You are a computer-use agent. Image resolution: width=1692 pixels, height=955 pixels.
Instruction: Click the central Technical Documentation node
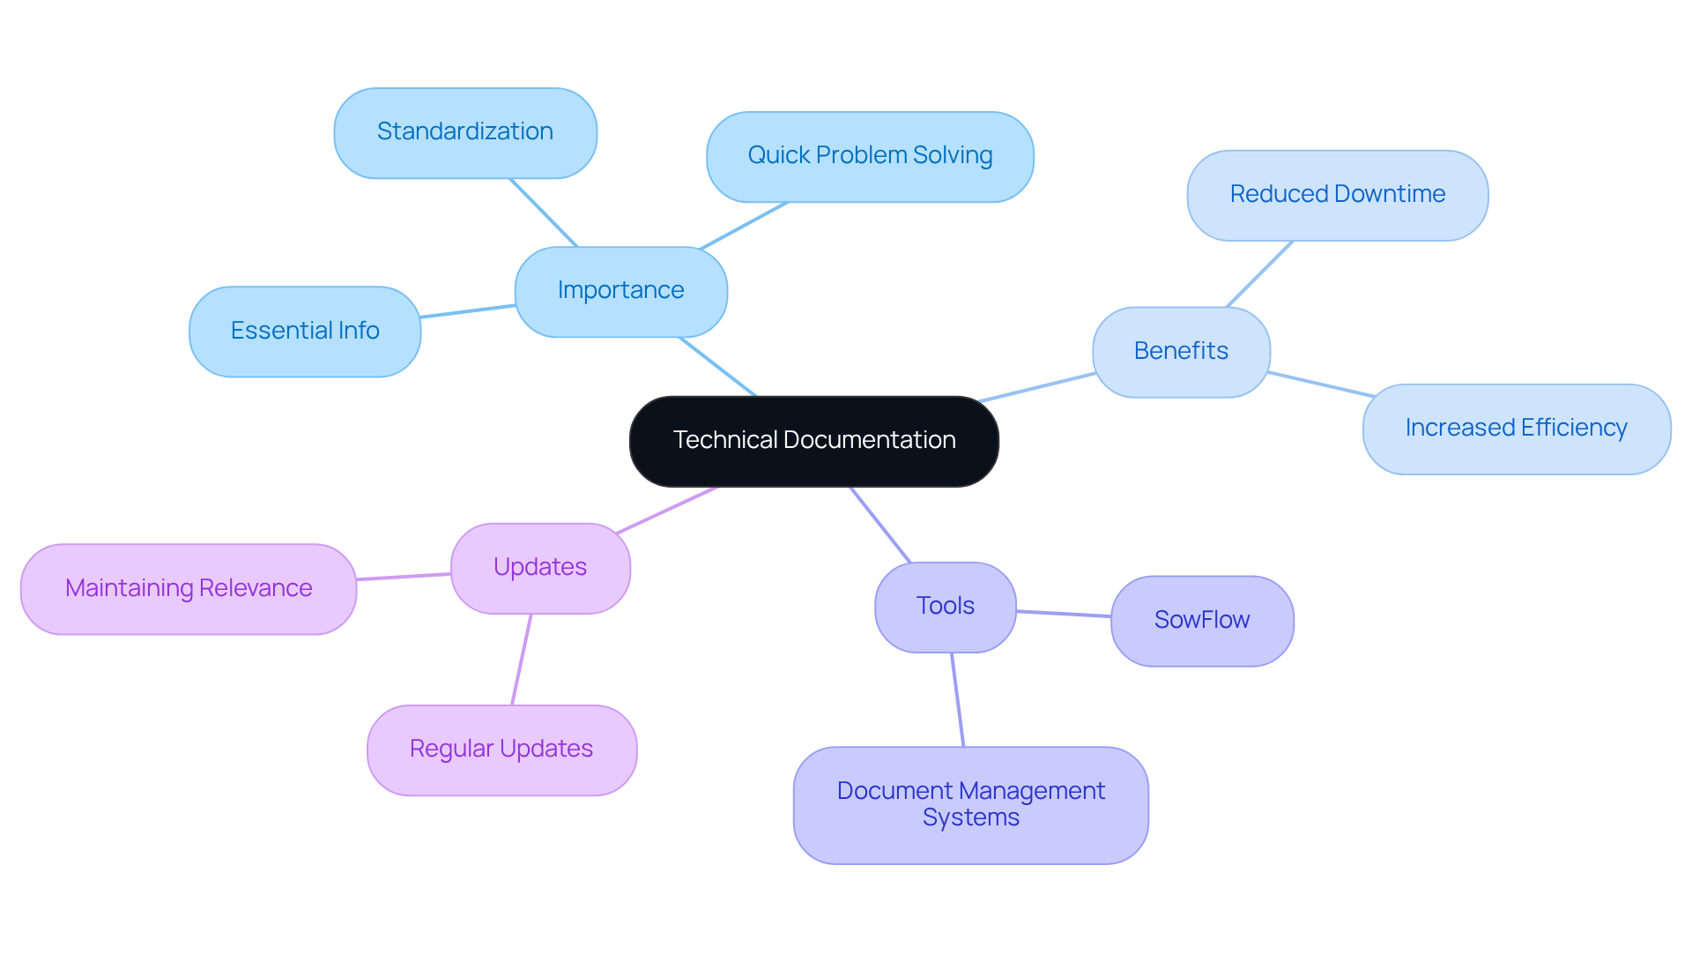tap(813, 441)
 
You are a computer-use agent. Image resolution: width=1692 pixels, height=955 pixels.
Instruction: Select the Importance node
tap(620, 291)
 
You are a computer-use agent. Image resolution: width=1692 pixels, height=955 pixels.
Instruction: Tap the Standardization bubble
tap(465, 132)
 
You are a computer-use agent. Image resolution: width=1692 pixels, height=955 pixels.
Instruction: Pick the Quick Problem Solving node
tap(870, 156)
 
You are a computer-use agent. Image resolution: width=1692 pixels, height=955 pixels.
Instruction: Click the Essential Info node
tap(305, 331)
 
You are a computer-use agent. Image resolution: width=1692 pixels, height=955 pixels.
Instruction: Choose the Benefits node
tap(1181, 351)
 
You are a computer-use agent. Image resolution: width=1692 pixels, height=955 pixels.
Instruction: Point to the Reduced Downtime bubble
tap(1337, 195)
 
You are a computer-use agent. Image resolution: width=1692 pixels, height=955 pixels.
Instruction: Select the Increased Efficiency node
tap(1516, 429)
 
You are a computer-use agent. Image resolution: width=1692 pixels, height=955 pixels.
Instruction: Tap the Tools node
tap(945, 607)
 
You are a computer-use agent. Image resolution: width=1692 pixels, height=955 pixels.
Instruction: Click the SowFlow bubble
tap(1201, 621)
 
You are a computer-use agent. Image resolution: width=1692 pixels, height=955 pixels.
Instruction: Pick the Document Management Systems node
tap(970, 804)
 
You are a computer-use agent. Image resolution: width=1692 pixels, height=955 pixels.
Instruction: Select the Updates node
tap(540, 568)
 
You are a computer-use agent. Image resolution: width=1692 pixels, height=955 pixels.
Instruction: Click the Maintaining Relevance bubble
tap(189, 588)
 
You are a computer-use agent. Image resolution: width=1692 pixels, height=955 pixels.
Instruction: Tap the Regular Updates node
tap(501, 750)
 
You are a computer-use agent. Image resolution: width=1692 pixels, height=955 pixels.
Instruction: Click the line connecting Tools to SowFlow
tap(1064, 614)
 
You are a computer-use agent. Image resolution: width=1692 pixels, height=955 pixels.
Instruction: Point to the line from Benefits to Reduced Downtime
tap(1259, 274)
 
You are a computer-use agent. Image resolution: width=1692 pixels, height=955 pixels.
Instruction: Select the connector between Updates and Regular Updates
tap(522, 660)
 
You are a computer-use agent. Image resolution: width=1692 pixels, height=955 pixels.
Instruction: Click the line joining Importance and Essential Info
tap(468, 311)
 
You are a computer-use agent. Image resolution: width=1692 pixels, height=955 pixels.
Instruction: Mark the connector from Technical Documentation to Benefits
tap(1037, 388)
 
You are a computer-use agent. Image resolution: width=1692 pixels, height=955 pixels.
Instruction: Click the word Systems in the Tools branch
tap(970, 818)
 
